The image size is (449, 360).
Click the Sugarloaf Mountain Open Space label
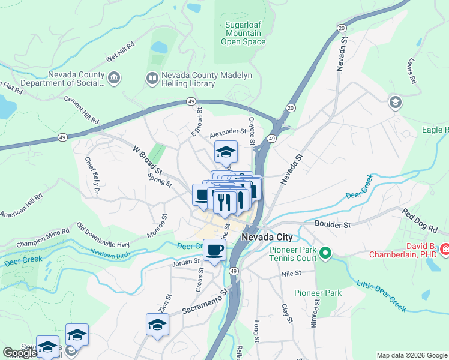243,34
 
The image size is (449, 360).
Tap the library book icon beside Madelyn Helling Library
152,78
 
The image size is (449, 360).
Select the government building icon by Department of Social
114,78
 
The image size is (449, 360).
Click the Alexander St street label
228,132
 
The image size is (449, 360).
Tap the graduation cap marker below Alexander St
226,152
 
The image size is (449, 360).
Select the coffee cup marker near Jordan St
214,250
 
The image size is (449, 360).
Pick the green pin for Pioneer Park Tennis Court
325,253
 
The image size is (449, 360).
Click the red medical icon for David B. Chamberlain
445,249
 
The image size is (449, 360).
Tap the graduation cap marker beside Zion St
157,324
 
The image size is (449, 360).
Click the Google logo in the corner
20,353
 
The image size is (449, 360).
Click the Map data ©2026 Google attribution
412,355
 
